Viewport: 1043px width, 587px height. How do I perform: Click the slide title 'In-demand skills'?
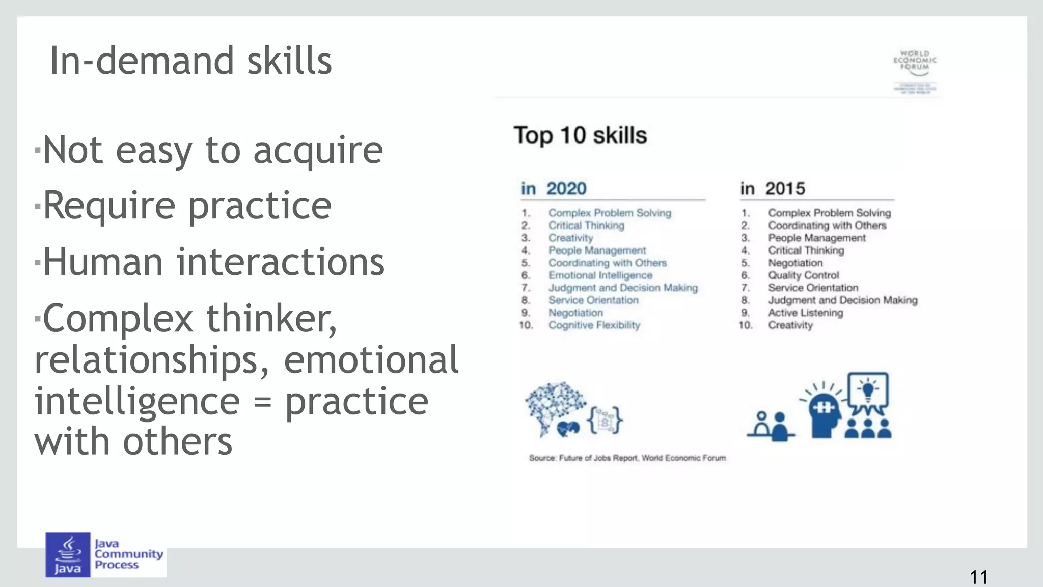point(190,61)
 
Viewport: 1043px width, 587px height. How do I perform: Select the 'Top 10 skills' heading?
point(580,135)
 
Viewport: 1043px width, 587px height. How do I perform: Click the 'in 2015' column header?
point(773,189)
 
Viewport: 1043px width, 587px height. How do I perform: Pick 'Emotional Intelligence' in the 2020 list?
point(600,275)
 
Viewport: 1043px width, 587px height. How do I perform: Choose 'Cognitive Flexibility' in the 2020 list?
point(594,325)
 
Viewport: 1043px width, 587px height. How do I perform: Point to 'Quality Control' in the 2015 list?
point(803,275)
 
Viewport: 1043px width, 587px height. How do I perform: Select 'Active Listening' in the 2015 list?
point(805,313)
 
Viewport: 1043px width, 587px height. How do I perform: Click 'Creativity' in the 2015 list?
point(790,325)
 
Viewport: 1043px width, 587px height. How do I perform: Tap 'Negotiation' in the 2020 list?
point(575,313)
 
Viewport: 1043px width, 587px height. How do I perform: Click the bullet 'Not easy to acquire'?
point(212,150)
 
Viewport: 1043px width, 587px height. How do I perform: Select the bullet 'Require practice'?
point(187,206)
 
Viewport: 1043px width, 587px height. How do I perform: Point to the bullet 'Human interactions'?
point(213,262)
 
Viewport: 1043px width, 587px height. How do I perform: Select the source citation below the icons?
point(627,458)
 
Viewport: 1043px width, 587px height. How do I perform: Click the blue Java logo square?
point(68,554)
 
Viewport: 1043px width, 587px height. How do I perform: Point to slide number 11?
point(978,577)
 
